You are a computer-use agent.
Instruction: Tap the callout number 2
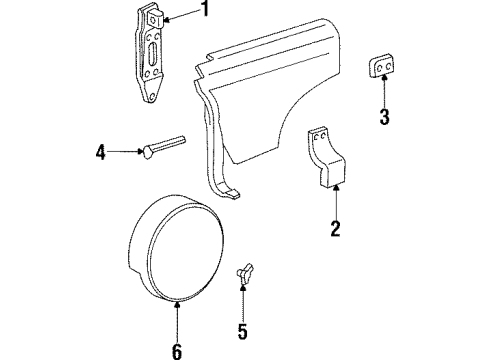tap(335, 230)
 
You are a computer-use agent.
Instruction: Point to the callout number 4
tap(101, 153)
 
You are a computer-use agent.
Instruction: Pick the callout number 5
tap(243, 330)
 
